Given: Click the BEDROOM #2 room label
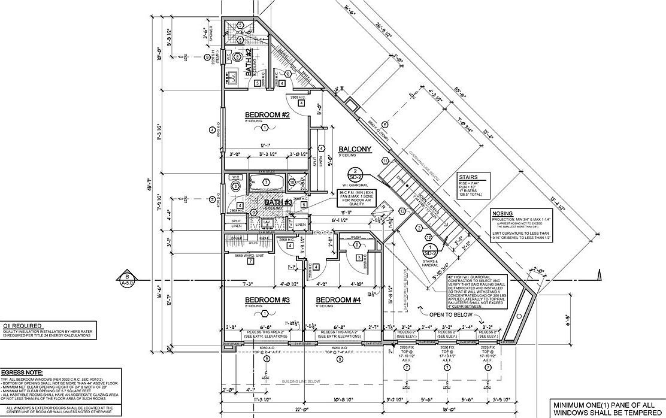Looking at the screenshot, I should coord(267,115).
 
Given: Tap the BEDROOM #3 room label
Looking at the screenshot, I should coord(267,299).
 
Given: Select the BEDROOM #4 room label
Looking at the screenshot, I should coord(338,299).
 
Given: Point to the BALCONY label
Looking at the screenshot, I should coord(355,149).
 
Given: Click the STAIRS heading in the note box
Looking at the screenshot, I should coord(468,177).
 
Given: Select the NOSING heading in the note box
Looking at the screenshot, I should coord(502,213).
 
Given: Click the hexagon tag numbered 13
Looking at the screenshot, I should coord(402,211).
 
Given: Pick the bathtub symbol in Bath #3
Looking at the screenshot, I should coord(267,182).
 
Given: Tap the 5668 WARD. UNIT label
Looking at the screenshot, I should coord(243,255).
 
